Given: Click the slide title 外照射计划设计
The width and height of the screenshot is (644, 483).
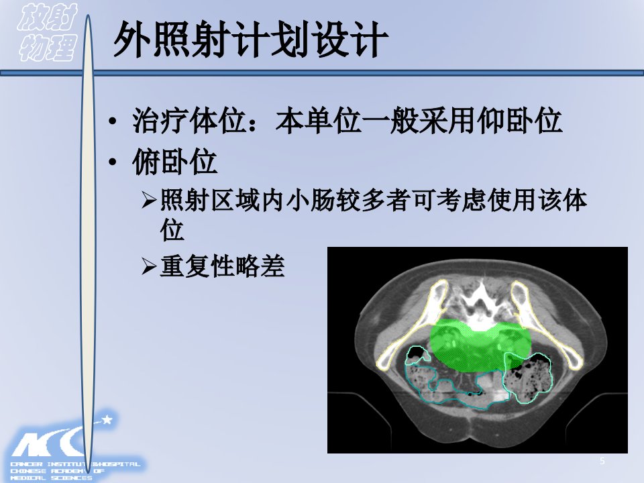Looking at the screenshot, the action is pyautogui.click(x=250, y=40).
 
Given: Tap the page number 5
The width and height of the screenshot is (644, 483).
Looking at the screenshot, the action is pyautogui.click(x=602, y=461).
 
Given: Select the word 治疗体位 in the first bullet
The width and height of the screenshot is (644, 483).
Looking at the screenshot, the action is pyautogui.click(x=189, y=121).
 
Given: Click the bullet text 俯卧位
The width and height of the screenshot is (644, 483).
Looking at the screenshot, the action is pyautogui.click(x=174, y=162).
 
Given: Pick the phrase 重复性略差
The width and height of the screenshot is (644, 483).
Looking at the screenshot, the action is pyautogui.click(x=222, y=266).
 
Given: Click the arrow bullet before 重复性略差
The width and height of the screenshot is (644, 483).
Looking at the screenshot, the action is pyautogui.click(x=149, y=266).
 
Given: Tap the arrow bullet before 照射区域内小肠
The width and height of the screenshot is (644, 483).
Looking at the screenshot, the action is pyautogui.click(x=149, y=200).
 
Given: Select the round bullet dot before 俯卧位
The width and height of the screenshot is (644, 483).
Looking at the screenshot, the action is pyautogui.click(x=113, y=162).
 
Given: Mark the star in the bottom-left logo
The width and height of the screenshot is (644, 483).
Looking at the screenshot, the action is pyautogui.click(x=107, y=419).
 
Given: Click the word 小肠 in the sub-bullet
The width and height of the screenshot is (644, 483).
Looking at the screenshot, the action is pyautogui.click(x=311, y=200).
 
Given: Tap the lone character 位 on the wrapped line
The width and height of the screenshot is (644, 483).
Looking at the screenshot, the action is pyautogui.click(x=172, y=230).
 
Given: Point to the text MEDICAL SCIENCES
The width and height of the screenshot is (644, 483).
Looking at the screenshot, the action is pyautogui.click(x=52, y=478).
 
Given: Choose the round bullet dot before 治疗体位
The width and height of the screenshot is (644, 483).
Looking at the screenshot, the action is pyautogui.click(x=113, y=121).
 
